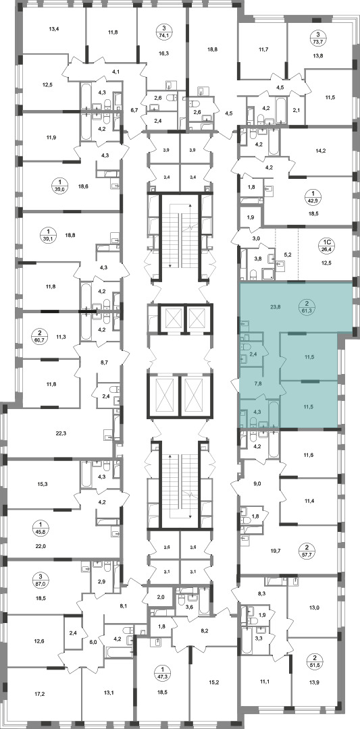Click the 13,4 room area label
point(54,29)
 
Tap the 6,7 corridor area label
point(134,110)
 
